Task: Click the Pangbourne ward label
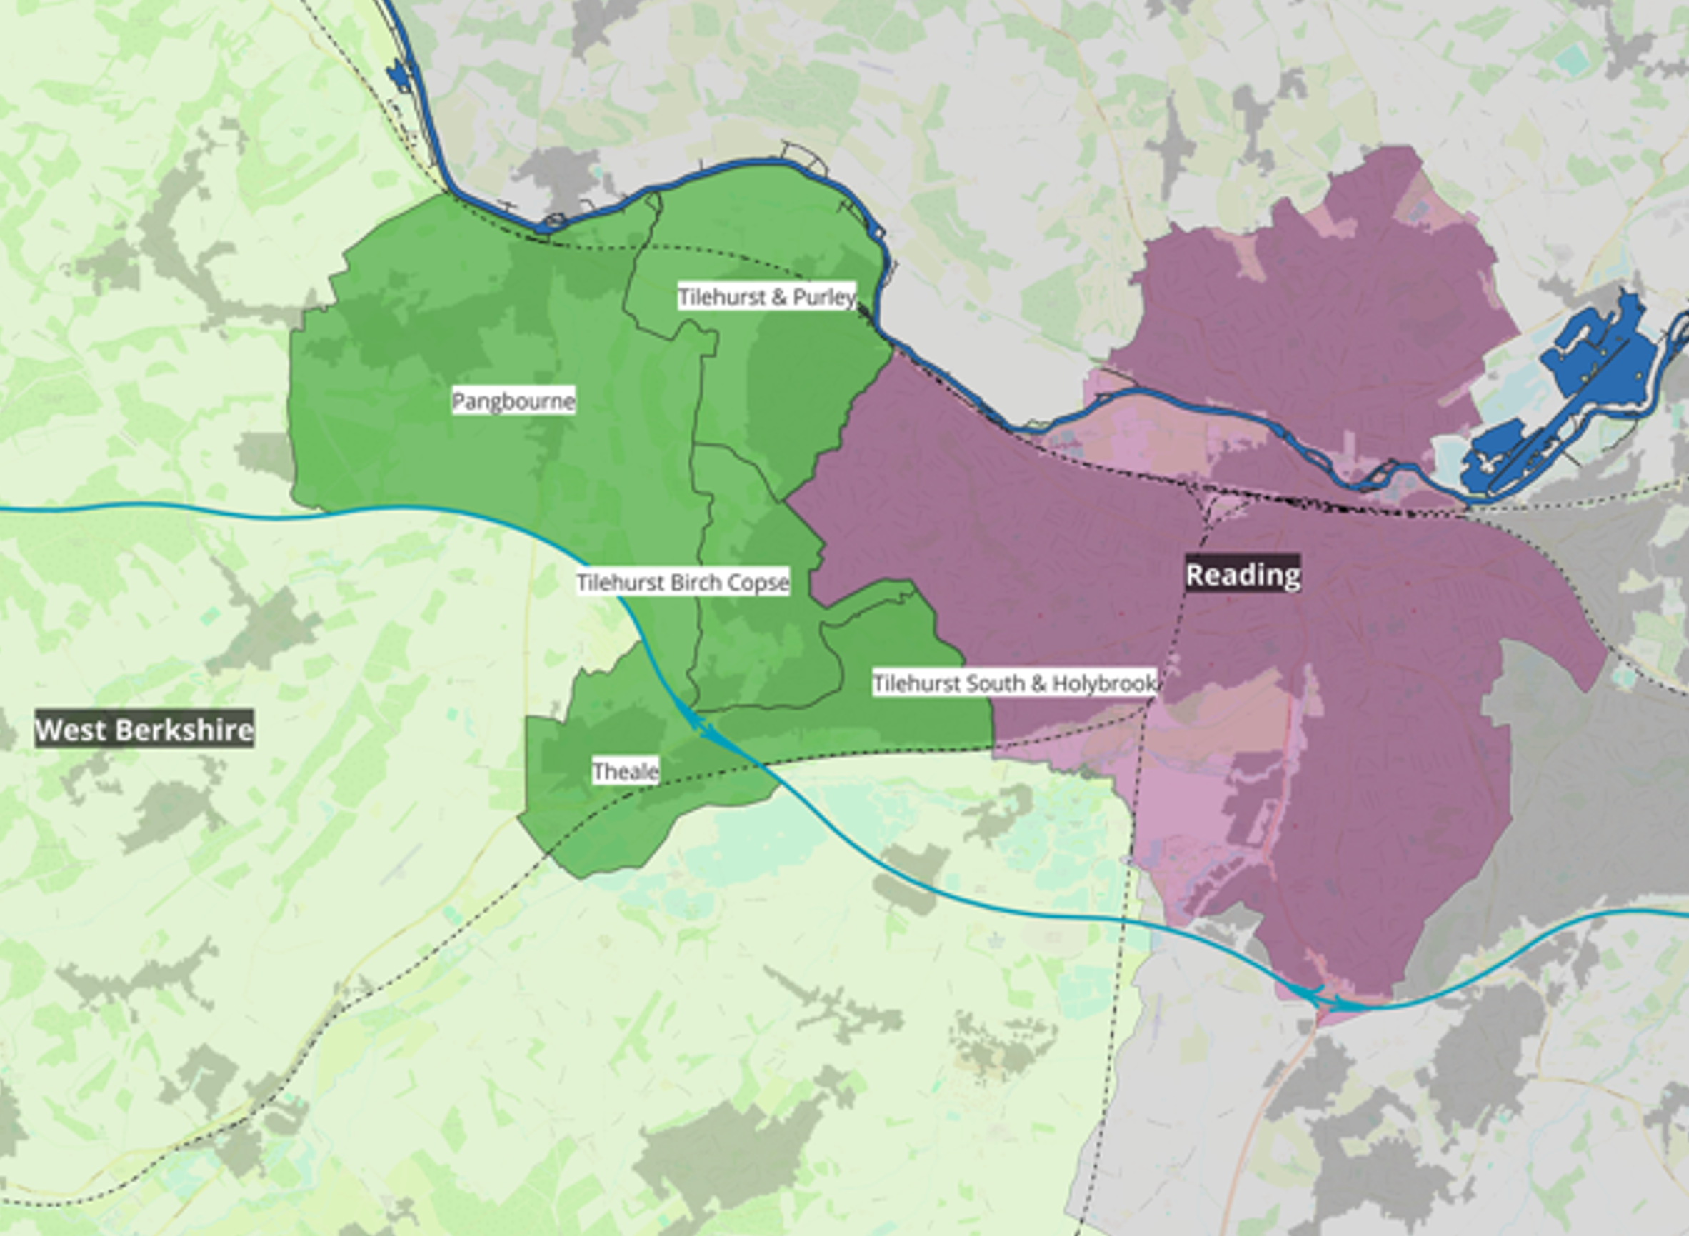pyautogui.click(x=513, y=402)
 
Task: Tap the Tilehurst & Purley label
pyautogui.click(x=766, y=297)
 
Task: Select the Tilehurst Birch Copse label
pyautogui.click(x=683, y=582)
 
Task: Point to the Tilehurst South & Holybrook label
pyautogui.click(x=1014, y=683)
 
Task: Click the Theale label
pyautogui.click(x=626, y=770)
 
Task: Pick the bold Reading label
pyautogui.click(x=1243, y=575)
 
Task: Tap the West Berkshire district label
pyautogui.click(x=144, y=730)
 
